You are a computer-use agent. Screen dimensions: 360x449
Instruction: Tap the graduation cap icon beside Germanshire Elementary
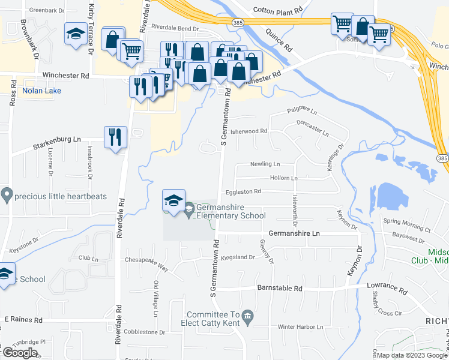[173, 200]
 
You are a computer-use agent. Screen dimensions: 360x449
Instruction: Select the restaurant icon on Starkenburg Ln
[114, 137]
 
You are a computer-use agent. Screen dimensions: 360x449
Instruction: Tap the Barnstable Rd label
[280, 288]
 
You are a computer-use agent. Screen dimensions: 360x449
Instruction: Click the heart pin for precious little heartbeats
[7, 195]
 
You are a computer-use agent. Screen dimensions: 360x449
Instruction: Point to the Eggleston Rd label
[243, 192]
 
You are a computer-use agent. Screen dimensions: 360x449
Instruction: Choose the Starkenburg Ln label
[59, 139]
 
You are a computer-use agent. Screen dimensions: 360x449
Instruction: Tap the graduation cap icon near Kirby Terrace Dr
[76, 34]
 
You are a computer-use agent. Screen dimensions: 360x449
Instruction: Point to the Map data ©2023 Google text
[412, 355]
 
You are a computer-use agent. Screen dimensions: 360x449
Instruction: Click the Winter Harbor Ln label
[300, 327]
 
